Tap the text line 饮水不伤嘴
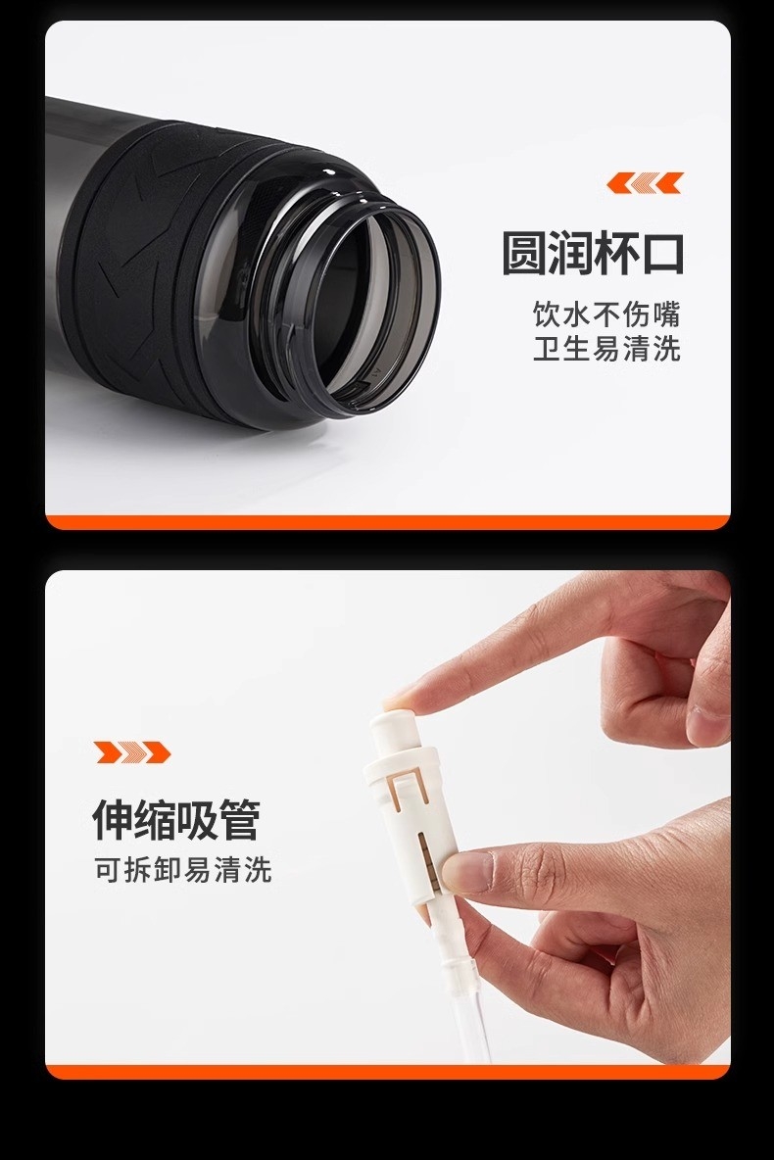606,314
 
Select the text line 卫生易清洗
606,349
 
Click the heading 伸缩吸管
176,819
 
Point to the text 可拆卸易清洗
183,870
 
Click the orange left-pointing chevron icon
645,183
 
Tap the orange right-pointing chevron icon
132,752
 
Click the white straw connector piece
411,821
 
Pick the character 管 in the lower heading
240,819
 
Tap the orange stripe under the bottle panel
388,522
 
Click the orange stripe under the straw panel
388,1072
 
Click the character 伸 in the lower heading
113,819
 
